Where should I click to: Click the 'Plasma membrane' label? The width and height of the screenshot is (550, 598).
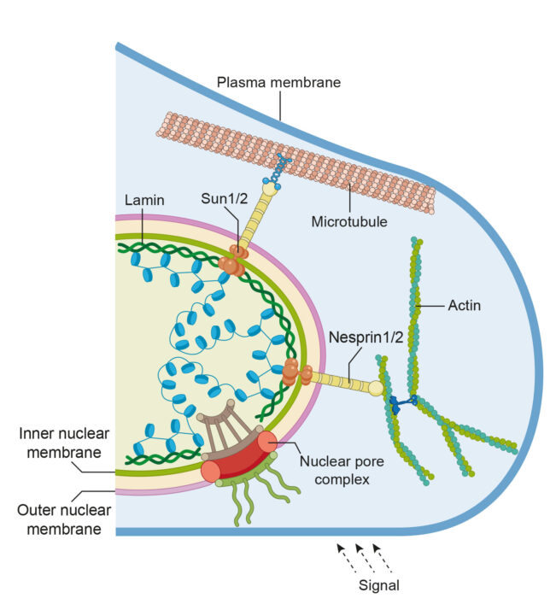point(278,83)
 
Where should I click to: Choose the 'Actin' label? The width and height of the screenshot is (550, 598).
point(465,304)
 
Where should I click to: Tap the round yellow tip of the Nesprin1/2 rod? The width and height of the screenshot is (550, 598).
point(376,389)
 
